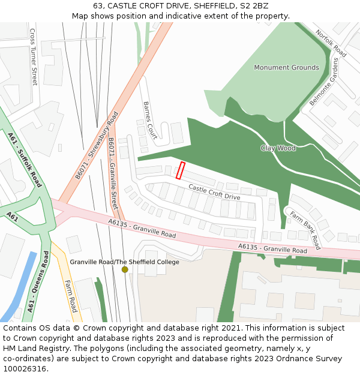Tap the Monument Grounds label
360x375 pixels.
[286, 68]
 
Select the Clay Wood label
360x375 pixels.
[278, 148]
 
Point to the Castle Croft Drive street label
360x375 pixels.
[214, 193]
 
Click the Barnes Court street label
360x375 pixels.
[149, 120]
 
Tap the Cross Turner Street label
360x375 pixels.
[34, 56]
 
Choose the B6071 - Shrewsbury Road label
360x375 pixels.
[97, 149]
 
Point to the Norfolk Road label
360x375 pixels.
[331, 43]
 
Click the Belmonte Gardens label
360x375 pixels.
[324, 83]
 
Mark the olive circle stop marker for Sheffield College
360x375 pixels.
[125, 269]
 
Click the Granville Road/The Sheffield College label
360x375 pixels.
[124, 262]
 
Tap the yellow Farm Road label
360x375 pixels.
[71, 296]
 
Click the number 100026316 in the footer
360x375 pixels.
[25, 368]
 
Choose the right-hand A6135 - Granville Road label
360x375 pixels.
[272, 248]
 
